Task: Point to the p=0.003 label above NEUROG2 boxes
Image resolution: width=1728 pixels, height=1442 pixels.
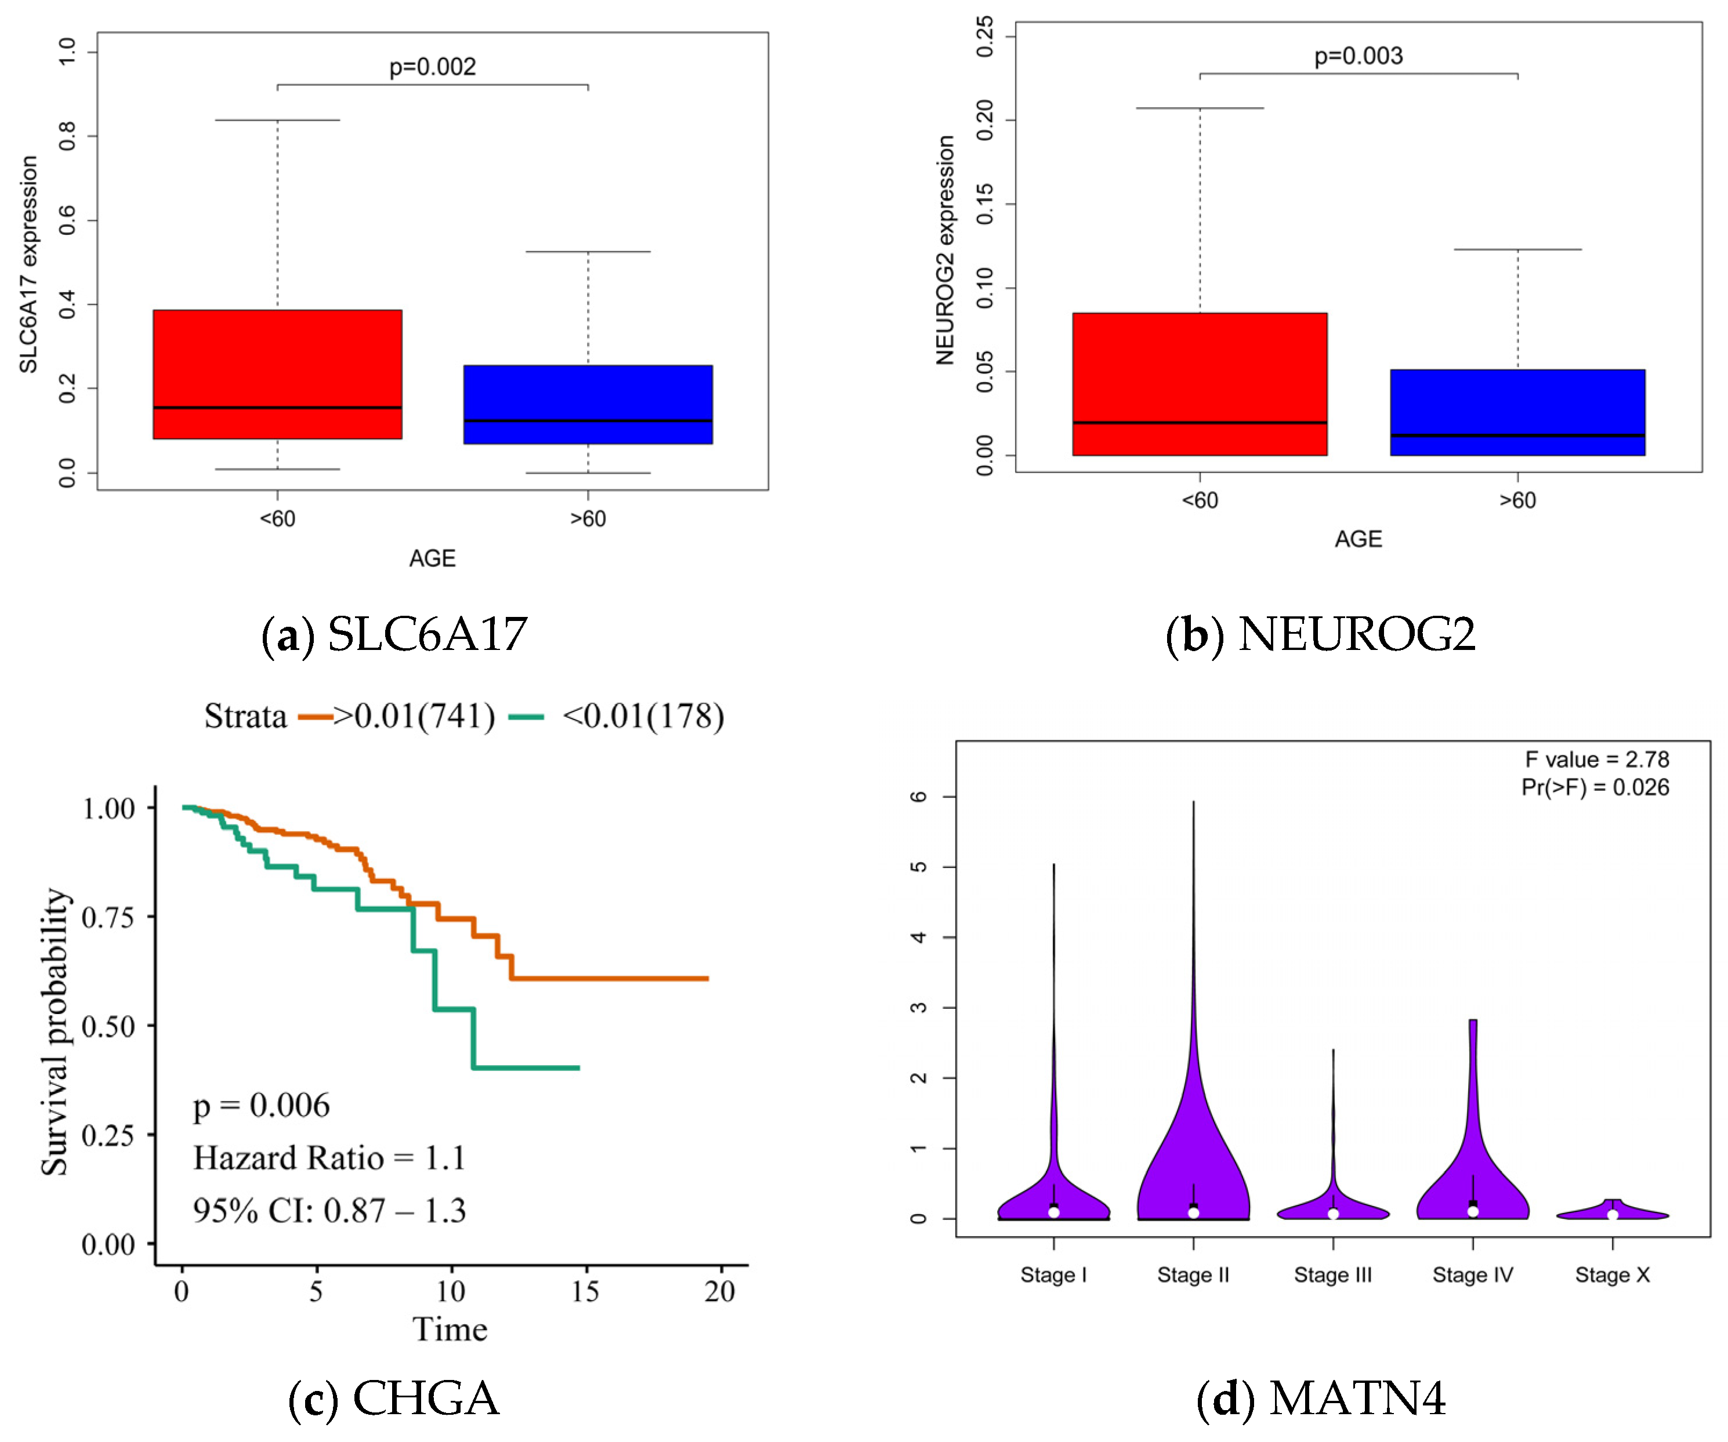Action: (x=1358, y=56)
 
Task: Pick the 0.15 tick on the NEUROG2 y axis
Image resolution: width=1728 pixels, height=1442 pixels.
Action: (x=985, y=204)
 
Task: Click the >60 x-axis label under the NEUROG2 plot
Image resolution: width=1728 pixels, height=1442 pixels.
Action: (x=1517, y=500)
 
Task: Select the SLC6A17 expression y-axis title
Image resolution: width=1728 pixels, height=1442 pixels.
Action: (x=29, y=264)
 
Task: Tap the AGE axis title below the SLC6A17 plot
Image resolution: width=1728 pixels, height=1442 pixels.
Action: (x=432, y=558)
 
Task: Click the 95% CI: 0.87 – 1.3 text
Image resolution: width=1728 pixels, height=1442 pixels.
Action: (x=329, y=1211)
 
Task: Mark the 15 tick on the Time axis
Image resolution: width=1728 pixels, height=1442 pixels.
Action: (x=585, y=1291)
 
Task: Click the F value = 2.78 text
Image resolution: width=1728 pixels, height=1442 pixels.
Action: (x=1596, y=759)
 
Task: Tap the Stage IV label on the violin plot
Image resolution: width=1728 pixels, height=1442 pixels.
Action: (x=1473, y=1275)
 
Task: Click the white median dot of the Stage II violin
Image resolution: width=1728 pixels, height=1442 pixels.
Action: (x=1193, y=1212)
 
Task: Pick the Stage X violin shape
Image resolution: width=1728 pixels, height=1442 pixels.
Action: (x=1613, y=1211)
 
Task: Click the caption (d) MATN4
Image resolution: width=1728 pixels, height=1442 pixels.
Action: (x=1321, y=1399)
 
